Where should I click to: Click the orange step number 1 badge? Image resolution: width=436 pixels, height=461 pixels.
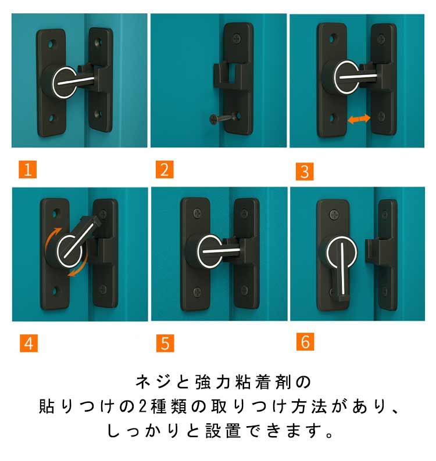tap(28, 170)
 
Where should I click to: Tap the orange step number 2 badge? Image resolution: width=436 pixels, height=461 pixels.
tap(165, 170)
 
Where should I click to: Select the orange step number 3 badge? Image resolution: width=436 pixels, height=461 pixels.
tap(305, 171)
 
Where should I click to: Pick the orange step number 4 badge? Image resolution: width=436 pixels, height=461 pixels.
tap(29, 343)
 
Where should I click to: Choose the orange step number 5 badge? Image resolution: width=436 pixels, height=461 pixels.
tap(165, 343)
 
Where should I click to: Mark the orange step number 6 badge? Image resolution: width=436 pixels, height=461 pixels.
tap(305, 341)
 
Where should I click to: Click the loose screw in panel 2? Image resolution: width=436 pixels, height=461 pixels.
tap(223, 118)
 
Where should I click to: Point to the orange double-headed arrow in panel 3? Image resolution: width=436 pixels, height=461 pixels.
tap(359, 119)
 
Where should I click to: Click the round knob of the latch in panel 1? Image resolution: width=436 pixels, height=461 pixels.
tap(62, 82)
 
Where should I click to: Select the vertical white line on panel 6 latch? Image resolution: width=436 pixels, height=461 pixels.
tap(342, 268)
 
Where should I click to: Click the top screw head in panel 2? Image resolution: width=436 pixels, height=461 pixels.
tap(237, 38)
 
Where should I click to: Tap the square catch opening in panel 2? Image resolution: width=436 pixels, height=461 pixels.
tap(233, 75)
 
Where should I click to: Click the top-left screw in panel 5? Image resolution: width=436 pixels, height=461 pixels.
tap(197, 213)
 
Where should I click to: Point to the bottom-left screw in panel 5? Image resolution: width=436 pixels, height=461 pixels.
tap(197, 292)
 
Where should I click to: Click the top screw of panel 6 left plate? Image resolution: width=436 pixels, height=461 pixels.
tap(334, 214)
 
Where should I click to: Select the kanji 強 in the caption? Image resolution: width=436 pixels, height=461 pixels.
tap(203, 382)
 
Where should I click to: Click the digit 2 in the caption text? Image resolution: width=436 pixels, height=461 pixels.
tap(142, 406)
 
